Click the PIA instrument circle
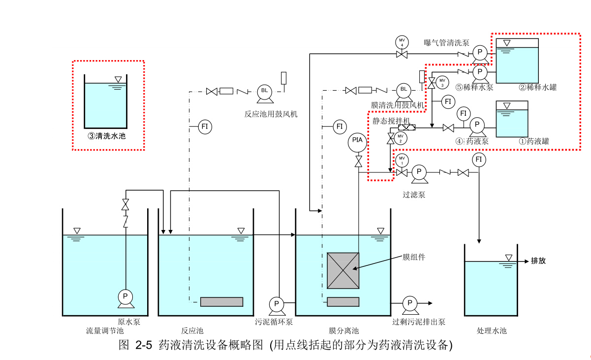[x=358, y=141]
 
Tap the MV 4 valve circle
[x=402, y=42]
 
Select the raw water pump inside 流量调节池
[x=125, y=296]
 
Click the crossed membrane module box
[x=343, y=270]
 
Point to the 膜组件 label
[x=413, y=257]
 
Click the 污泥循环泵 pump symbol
[x=276, y=304]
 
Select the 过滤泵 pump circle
[x=419, y=172]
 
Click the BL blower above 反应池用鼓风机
[x=265, y=91]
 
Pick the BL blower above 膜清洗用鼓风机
[x=404, y=90]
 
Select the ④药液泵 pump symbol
[x=477, y=126]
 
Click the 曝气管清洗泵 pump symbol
[x=479, y=53]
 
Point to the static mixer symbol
[x=407, y=128]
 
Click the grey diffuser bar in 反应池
[x=221, y=301]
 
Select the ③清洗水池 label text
[x=107, y=136]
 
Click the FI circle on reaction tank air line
[x=205, y=127]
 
